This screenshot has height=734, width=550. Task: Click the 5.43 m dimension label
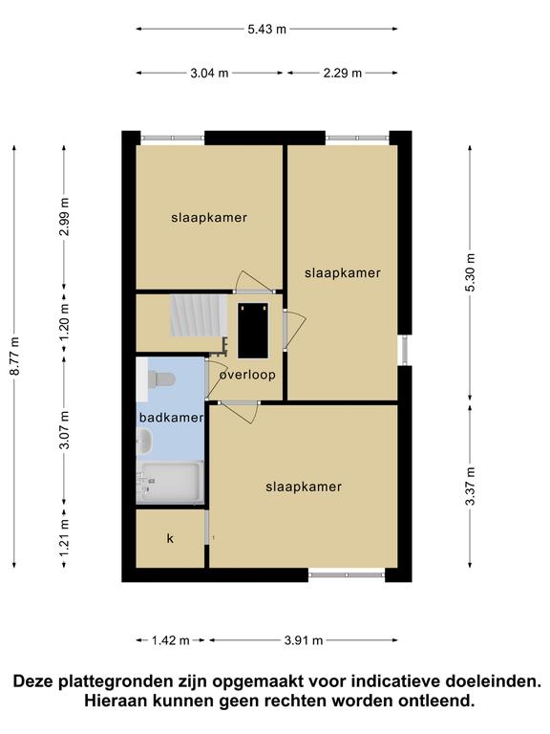(266, 29)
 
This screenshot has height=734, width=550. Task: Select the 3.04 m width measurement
(209, 73)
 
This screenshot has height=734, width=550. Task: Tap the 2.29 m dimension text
(343, 73)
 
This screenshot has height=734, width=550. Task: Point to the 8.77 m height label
(15, 356)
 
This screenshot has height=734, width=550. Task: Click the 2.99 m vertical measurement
(65, 217)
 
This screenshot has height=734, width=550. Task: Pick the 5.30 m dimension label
(470, 272)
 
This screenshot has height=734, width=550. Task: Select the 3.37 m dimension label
(470, 486)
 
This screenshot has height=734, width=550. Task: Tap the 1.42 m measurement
(170, 640)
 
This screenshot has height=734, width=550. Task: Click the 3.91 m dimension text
(304, 640)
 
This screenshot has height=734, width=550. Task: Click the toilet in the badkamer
(160, 378)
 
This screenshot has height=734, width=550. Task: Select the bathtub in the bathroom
(170, 483)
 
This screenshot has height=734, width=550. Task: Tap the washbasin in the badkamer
(144, 443)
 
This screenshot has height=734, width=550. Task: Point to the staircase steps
(199, 315)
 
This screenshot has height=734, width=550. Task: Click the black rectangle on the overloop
(253, 331)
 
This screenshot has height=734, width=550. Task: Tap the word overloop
(247, 375)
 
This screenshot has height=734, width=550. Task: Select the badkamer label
(171, 418)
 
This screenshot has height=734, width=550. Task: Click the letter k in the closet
(170, 538)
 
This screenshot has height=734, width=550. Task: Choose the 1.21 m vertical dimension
(65, 537)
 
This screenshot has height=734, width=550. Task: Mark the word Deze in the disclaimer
(34, 681)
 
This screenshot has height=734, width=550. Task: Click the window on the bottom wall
(347, 574)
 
